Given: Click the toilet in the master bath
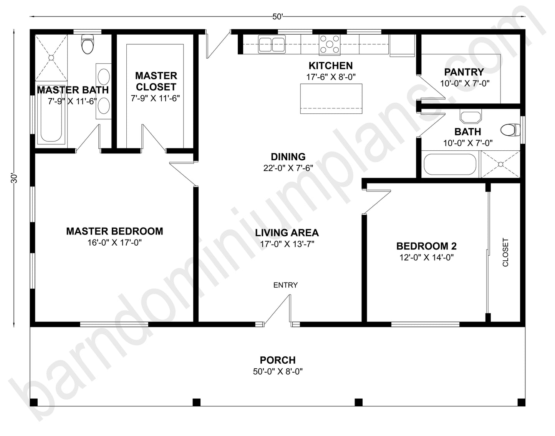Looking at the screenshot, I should (88, 44).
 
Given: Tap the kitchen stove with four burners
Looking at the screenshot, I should (330, 44).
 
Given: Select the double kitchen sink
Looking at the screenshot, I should (272, 44).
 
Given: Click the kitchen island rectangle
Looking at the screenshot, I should (331, 98).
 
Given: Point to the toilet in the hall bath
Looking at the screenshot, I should (510, 130).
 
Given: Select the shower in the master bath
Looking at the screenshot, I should (51, 57).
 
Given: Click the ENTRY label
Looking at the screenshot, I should (285, 285).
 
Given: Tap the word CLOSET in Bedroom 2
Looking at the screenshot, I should (505, 252).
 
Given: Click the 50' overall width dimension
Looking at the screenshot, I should (277, 17).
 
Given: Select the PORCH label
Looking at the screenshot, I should (278, 360).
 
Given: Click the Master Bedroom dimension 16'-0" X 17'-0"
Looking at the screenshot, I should (114, 243).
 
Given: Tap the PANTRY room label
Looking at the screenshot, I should (464, 72).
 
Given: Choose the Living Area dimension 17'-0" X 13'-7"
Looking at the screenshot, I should (287, 244).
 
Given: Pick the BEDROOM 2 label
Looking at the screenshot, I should (426, 246).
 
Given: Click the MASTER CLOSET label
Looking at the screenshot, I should (156, 81).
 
